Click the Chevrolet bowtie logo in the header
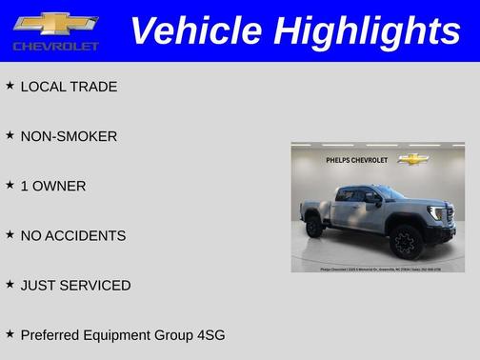[55, 24]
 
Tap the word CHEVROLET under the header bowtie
[55, 46]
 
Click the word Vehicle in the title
[195, 30]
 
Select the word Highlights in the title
[366, 30]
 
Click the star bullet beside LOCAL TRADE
[10, 86]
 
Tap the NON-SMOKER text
[69, 136]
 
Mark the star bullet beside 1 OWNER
[10, 185]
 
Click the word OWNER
[59, 186]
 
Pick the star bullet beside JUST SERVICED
[10, 284]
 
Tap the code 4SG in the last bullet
[208, 335]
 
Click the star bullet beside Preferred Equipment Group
[10, 333]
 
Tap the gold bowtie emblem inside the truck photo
[413, 159]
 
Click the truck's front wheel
[406, 241]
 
